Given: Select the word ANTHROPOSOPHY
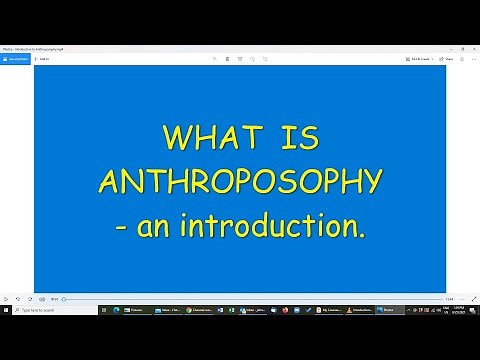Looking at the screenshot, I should [x=240, y=182].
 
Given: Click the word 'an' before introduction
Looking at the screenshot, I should [x=158, y=227].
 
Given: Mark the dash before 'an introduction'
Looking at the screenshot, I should [x=122, y=227].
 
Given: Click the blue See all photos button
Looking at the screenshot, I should [x=17, y=59].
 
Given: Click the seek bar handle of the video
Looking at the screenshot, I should [x=64, y=298].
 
